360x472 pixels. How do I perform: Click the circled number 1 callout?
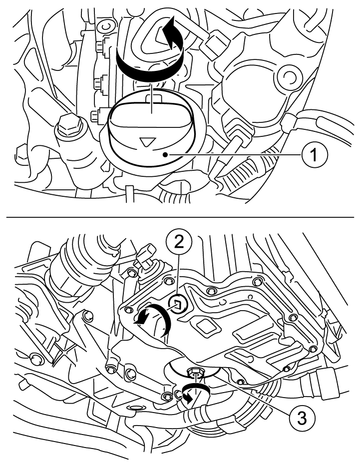pyautogui.click(x=314, y=155)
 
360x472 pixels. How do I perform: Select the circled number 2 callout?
pyautogui.click(x=179, y=242)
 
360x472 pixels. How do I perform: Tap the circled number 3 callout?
pyautogui.click(x=301, y=417)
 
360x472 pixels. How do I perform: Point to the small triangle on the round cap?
pyautogui.click(x=146, y=141)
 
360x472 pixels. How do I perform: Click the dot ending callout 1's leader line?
pyautogui.click(x=165, y=154)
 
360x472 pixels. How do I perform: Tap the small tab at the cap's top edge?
pyautogui.click(x=153, y=98)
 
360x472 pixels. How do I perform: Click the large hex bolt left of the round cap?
pyautogui.click(x=70, y=128)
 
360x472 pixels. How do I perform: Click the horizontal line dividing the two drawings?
pyautogui.click(x=180, y=217)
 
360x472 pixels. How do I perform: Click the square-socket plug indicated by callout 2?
pyautogui.click(x=177, y=304)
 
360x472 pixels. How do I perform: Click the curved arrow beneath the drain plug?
pyautogui.click(x=195, y=392)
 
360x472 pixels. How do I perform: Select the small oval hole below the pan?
pyautogui.click(x=136, y=408)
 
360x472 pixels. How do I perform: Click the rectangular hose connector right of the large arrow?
pyautogui.click(x=216, y=43)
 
